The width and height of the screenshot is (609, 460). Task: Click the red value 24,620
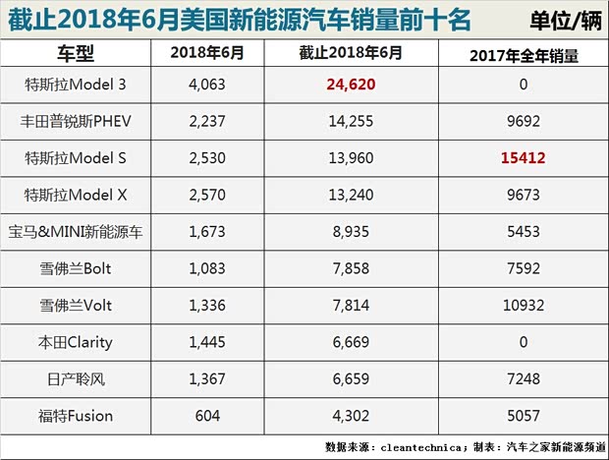pyautogui.click(x=351, y=85)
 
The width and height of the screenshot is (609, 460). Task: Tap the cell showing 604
pyautogui.click(x=206, y=416)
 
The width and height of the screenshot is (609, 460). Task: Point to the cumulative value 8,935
pyautogui.click(x=351, y=232)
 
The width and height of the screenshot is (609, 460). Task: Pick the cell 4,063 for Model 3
pyautogui.click(x=206, y=85)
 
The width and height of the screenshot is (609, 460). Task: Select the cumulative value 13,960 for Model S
pyautogui.click(x=351, y=158)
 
